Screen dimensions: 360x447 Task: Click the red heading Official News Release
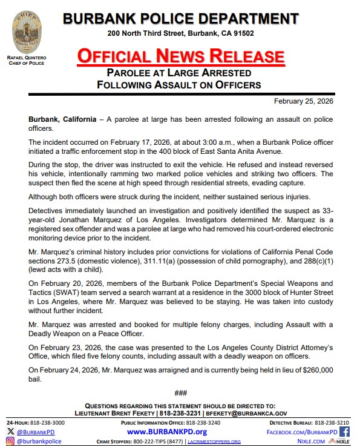(180, 56)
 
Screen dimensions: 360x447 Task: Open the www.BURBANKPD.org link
(167, 431)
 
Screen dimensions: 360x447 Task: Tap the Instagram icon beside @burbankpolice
(10, 442)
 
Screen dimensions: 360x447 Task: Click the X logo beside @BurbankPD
(10, 431)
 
